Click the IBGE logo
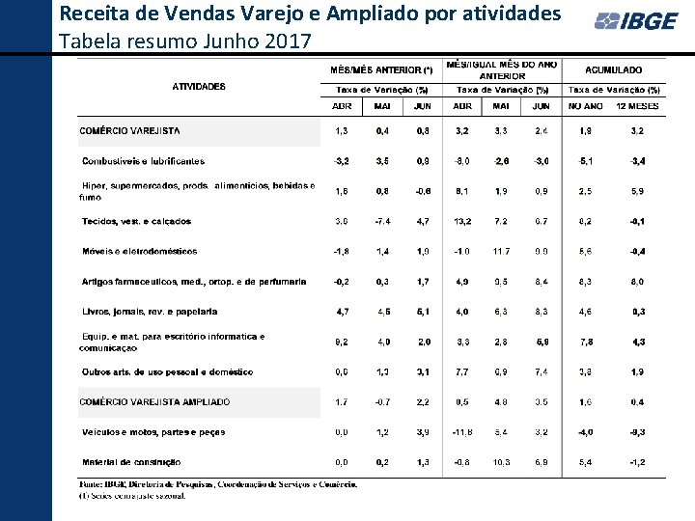[635, 21]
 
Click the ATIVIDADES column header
[199, 86]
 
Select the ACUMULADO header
[613, 69]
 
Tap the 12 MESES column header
[637, 106]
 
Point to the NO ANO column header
[586, 106]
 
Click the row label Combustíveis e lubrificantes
[143, 161]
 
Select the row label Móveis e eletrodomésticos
[139, 251]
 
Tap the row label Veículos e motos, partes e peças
[153, 432]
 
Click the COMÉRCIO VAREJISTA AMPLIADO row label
[154, 401]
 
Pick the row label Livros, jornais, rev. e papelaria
[150, 312]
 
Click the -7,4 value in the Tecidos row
[382, 221]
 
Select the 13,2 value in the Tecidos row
[462, 221]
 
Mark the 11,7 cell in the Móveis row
[501, 251]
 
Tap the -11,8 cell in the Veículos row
[462, 432]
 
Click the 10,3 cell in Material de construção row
[501, 462]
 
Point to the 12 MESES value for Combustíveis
[637, 161]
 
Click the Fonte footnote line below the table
[217, 484]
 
